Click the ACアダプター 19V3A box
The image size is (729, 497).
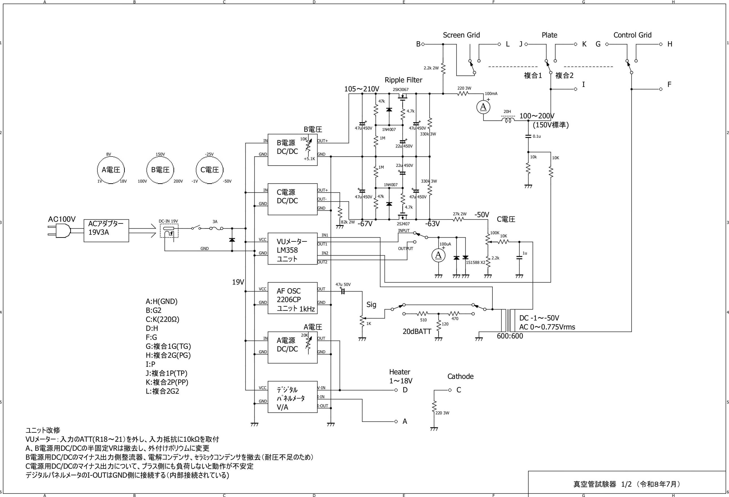[106, 230]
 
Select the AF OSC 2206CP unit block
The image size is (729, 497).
[292, 298]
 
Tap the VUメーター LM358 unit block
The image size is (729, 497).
[292, 249]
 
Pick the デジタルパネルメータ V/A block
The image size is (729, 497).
[292, 397]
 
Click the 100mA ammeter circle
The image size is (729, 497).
[483, 107]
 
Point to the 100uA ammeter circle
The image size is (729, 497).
[438, 255]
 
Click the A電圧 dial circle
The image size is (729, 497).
[111, 170]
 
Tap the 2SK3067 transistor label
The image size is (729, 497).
[401, 89]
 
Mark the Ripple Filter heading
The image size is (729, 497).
[403, 80]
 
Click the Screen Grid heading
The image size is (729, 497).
[461, 35]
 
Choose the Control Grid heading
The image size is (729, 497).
[632, 35]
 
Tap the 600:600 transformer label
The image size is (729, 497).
[510, 336]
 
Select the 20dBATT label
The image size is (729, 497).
[417, 331]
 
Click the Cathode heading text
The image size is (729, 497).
[460, 376]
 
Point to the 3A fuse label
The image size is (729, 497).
[215, 222]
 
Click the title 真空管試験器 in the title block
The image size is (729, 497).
[594, 484]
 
